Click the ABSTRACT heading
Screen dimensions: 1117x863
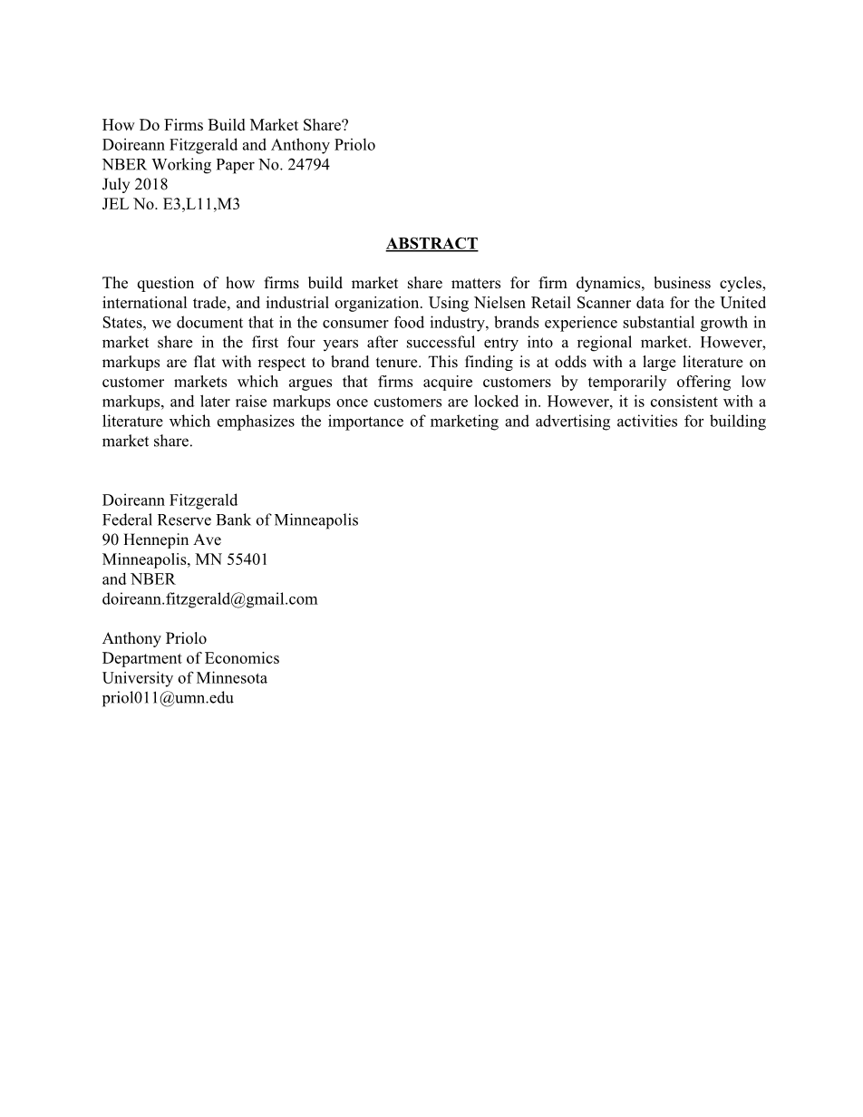(431, 244)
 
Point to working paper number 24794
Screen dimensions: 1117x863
(308, 165)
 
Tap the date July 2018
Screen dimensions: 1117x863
(135, 185)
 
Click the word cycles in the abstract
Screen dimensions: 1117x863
(742, 283)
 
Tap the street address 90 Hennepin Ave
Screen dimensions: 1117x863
(161, 540)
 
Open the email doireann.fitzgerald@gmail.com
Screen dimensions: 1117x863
(209, 599)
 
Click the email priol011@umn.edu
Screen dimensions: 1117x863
(168, 699)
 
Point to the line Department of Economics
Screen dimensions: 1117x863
(190, 659)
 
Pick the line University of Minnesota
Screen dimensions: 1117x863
(184, 679)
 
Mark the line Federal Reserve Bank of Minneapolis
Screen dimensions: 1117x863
(229, 520)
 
